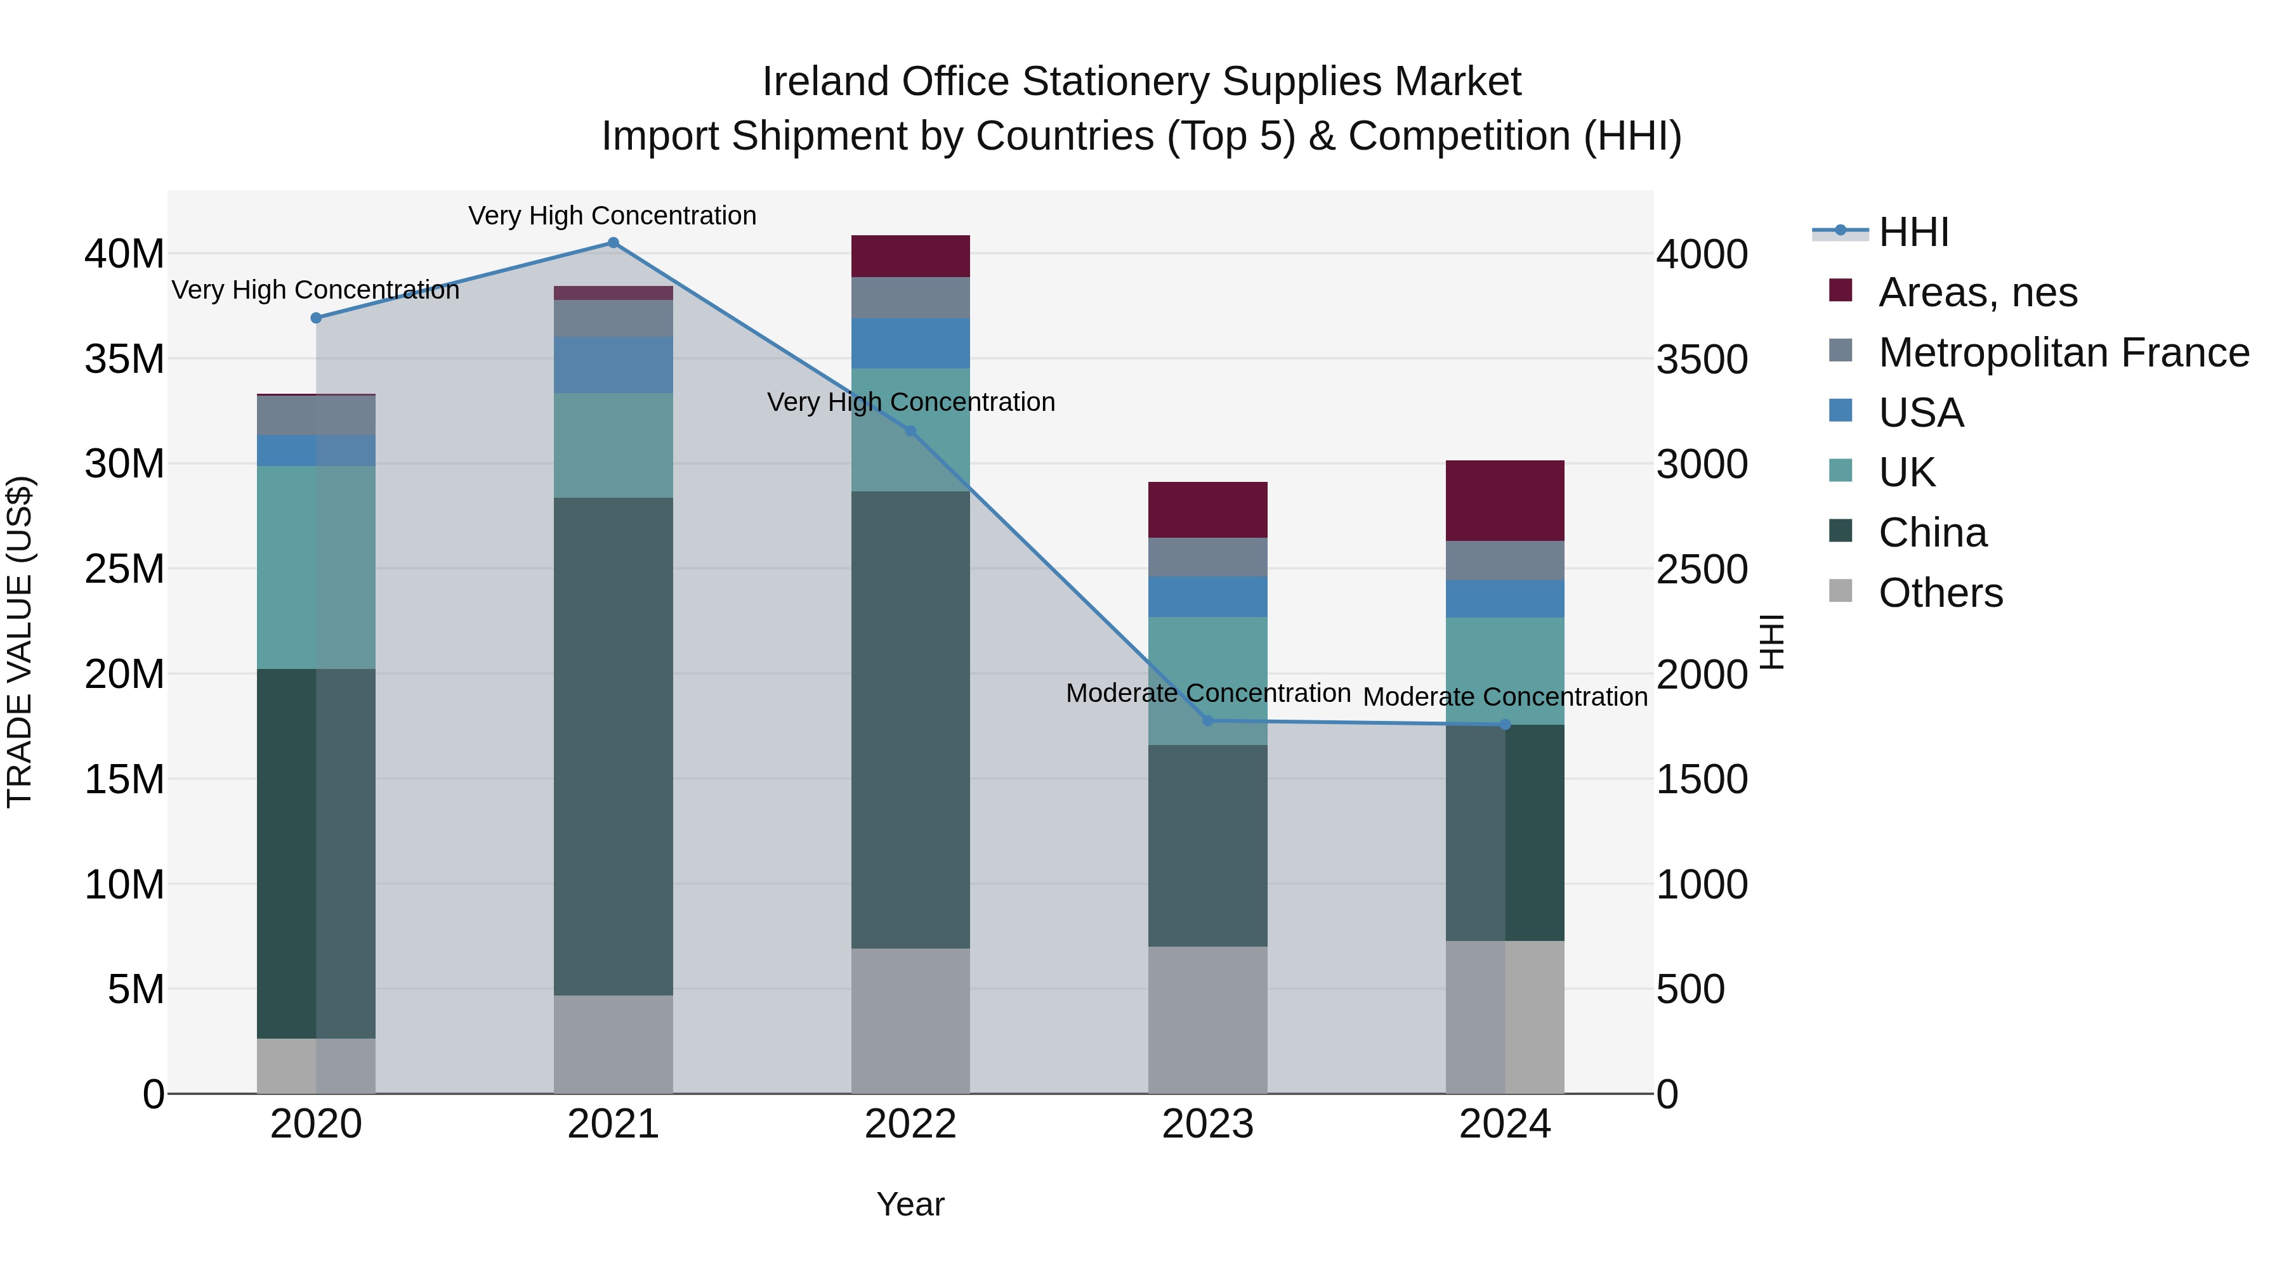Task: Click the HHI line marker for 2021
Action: (x=613, y=243)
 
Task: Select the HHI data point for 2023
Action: (x=1207, y=720)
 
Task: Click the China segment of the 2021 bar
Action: (x=613, y=746)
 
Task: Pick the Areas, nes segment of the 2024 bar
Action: (x=1505, y=501)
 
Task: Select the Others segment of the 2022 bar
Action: (x=910, y=1021)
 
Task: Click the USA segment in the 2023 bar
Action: (x=1207, y=597)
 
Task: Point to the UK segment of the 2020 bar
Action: (x=317, y=567)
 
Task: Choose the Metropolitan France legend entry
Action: (x=2063, y=353)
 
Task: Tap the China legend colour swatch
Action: (x=1841, y=532)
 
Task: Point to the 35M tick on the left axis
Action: (x=124, y=360)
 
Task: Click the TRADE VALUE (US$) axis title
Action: (x=20, y=642)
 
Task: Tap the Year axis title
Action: (x=910, y=1204)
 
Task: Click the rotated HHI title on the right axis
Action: (x=1771, y=642)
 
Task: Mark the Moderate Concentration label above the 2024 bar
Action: (x=1505, y=697)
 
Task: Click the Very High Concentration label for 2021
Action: (x=613, y=216)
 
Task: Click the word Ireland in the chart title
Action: (x=825, y=82)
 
